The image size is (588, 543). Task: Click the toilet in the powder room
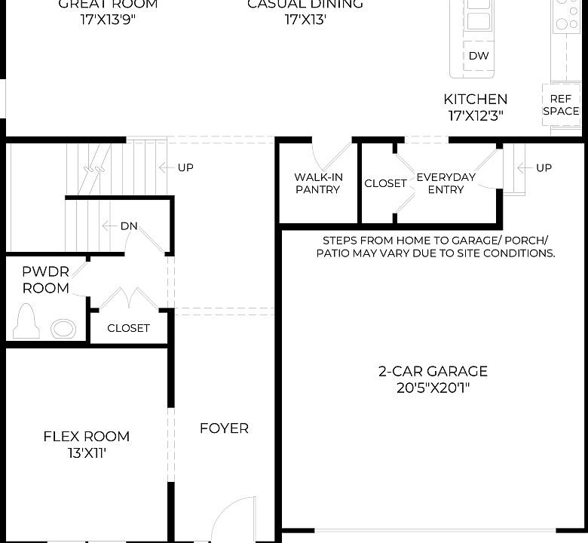coord(26,322)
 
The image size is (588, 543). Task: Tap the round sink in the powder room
coord(63,329)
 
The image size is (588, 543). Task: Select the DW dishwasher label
coord(479,56)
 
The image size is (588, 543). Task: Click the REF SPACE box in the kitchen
coord(561,105)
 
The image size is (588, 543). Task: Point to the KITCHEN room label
coord(475,99)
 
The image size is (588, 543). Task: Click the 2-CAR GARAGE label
coord(433,371)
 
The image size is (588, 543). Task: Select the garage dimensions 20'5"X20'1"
coord(433,388)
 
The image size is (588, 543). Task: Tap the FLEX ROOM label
coord(86,436)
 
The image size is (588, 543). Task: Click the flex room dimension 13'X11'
coord(86,453)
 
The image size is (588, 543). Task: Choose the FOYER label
coord(224,428)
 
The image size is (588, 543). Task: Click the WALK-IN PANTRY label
coord(318,183)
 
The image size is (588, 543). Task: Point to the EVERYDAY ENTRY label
coord(446,183)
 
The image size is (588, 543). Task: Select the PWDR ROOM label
coord(45,280)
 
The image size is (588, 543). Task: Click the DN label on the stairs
coord(129,226)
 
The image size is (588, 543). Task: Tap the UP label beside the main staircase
coord(185,167)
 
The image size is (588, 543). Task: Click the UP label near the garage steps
coord(544,167)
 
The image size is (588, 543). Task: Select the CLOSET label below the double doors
coord(128,328)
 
